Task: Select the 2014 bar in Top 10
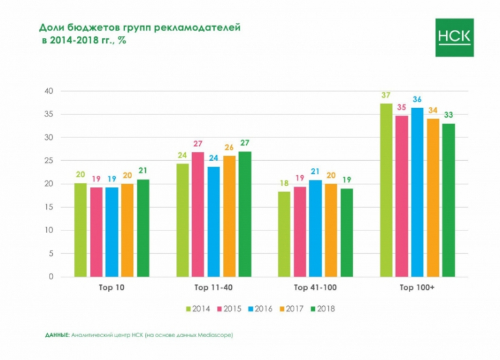point(80,230)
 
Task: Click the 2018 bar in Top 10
point(143,228)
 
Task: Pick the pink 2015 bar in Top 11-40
point(198,214)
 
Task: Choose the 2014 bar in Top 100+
point(386,190)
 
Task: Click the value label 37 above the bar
point(386,96)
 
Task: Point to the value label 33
point(449,115)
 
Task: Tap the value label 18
point(284,184)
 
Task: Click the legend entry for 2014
point(198,309)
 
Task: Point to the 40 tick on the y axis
point(48,91)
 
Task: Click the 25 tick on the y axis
point(48,161)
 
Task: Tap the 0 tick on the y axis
point(50,277)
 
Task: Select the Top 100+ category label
point(417,286)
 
